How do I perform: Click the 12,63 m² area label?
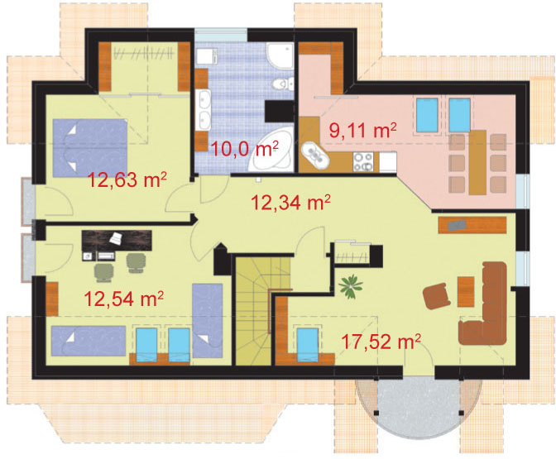click(x=127, y=180)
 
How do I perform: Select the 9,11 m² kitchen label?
click(x=362, y=130)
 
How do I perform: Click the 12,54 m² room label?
click(x=124, y=298)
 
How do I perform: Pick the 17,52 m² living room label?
click(x=381, y=341)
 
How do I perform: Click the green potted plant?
click(x=350, y=285)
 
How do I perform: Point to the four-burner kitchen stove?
click(x=363, y=161)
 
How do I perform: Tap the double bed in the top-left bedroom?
click(x=90, y=148)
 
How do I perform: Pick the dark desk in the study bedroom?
click(x=117, y=241)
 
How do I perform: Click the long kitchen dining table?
click(x=477, y=162)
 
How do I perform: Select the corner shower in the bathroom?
click(x=280, y=55)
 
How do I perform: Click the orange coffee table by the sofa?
click(x=466, y=292)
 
